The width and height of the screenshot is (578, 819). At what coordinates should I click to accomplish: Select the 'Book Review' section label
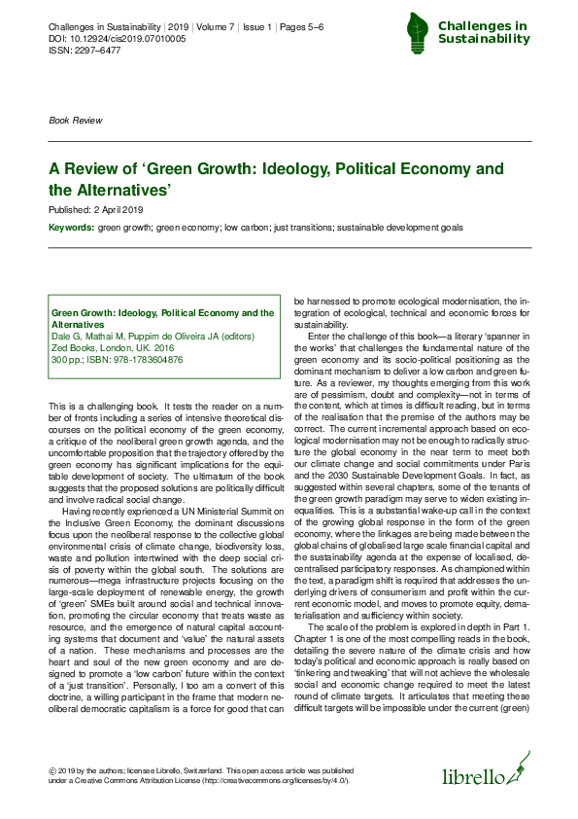click(x=75, y=121)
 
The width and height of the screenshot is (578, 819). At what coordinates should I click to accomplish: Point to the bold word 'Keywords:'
click(x=72, y=227)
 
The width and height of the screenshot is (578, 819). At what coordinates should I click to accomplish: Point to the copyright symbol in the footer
click(x=52, y=770)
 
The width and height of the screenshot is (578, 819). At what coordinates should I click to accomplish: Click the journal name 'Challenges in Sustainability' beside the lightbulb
click(x=483, y=32)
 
